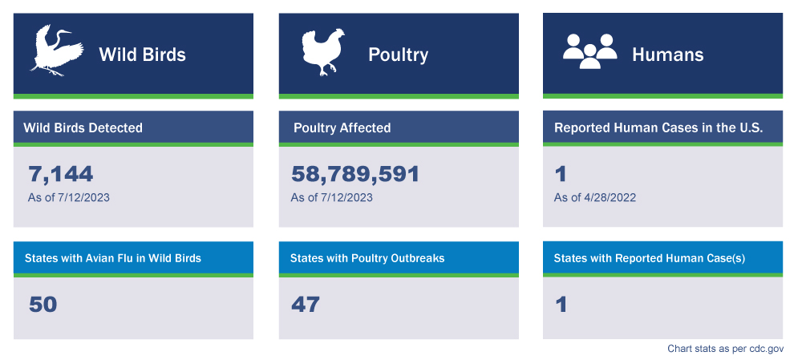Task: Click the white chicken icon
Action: click(322, 52)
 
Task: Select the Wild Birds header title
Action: click(142, 55)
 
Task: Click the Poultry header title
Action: click(398, 55)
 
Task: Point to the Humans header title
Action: click(667, 55)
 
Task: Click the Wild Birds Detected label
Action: click(83, 127)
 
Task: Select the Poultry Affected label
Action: click(342, 127)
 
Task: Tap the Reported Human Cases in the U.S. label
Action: click(658, 127)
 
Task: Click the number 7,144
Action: click(61, 174)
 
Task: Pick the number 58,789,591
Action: click(355, 174)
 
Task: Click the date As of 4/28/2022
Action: click(595, 197)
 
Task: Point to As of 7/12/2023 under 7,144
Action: click(69, 197)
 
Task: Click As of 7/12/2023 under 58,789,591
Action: click(331, 197)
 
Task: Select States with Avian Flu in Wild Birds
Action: click(112, 258)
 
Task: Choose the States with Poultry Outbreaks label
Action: click(367, 258)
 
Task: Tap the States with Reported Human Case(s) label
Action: click(650, 258)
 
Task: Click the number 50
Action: click(43, 305)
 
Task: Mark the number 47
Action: click(305, 305)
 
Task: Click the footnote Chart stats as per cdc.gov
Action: click(725, 349)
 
